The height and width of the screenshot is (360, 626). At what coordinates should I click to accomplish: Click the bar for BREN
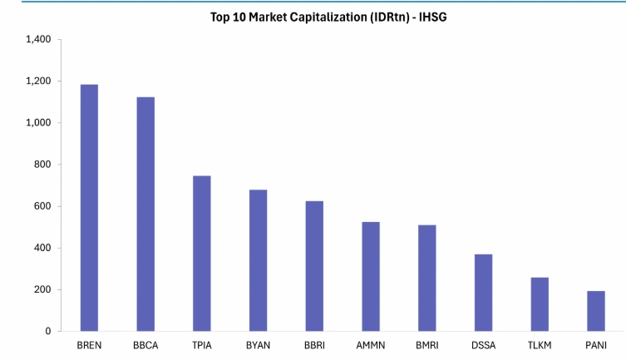(x=89, y=208)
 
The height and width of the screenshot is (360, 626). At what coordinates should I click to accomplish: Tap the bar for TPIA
(x=202, y=254)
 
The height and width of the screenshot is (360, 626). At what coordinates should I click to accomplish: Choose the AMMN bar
(x=371, y=276)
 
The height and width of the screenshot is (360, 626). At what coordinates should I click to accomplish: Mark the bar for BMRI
(x=426, y=278)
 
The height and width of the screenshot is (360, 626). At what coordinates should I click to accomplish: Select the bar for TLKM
(x=540, y=304)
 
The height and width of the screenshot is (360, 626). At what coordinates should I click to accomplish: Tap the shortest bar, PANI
(x=595, y=311)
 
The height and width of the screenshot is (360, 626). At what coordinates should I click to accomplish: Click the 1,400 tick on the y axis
(x=39, y=40)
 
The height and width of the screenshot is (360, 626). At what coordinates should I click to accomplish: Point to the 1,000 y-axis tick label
(x=39, y=123)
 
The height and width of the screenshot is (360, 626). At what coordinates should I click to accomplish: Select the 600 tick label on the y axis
(x=42, y=206)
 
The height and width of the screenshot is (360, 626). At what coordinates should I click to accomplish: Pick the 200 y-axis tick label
(x=42, y=289)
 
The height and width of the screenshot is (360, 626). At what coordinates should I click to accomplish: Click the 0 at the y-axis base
(x=48, y=331)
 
